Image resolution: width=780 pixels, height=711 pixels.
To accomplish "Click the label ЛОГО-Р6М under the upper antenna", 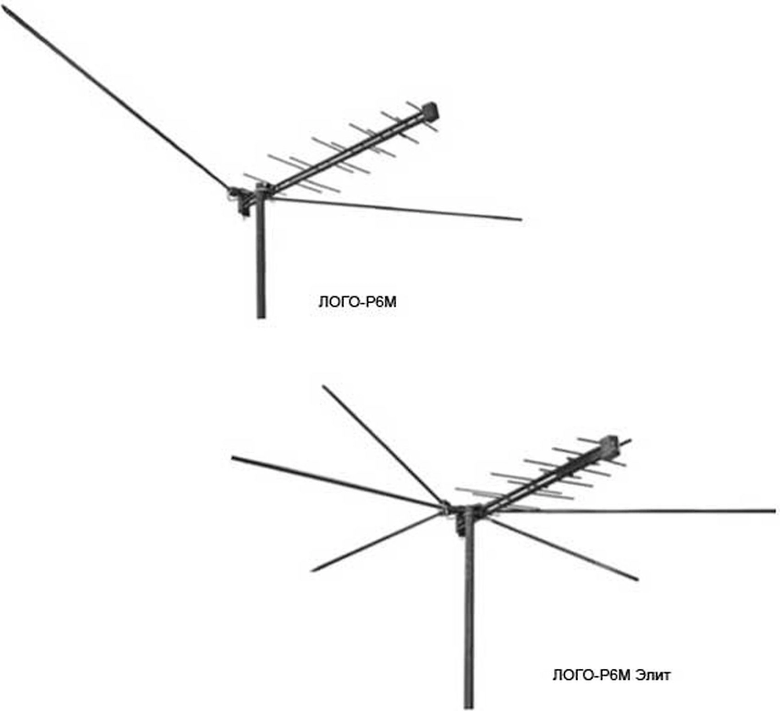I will tap(357, 302).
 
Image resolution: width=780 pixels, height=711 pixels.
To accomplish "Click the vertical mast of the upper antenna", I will tap(261, 260).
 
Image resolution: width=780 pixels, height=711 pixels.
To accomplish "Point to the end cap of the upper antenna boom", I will tap(431, 110).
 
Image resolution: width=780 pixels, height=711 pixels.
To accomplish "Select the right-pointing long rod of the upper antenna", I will tap(395, 209).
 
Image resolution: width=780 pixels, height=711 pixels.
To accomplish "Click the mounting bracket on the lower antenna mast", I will tap(460, 523).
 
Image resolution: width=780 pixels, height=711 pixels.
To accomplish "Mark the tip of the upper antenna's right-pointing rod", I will tap(519, 219).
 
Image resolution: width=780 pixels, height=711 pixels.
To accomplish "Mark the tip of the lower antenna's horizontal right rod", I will tap(773, 511).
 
